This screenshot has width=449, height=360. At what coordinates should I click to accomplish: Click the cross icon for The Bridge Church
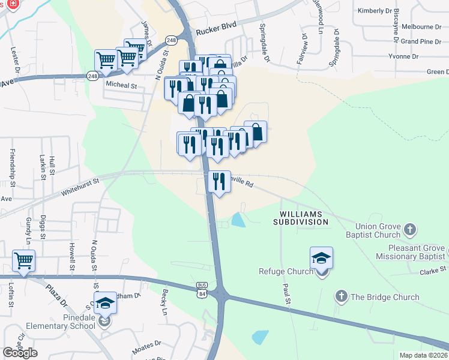pos(341,296)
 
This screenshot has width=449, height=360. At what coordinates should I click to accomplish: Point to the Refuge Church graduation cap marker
pos(321,259)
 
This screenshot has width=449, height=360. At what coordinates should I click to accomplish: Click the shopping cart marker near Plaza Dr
pos(23,262)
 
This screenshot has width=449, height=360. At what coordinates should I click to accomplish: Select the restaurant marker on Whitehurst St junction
pos(219,181)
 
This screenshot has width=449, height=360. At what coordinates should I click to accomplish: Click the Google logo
pos(20,353)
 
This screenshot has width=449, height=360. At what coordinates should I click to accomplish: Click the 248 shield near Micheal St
pos(92,76)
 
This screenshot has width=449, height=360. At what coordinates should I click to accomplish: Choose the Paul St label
pos(287,295)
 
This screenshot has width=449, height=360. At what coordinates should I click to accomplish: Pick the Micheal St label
pos(121,86)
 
